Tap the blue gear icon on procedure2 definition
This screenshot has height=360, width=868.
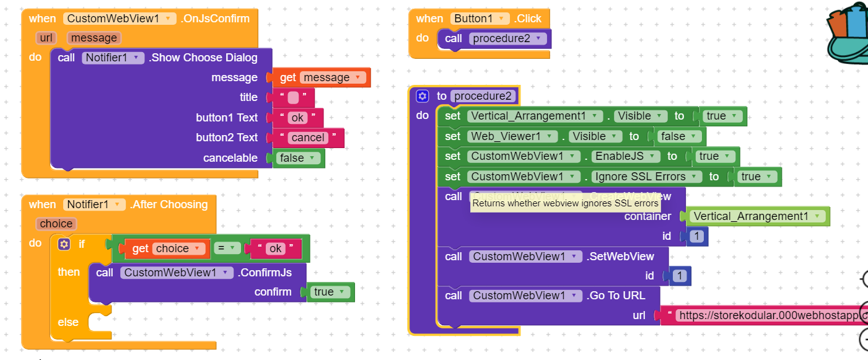pyautogui.click(x=423, y=96)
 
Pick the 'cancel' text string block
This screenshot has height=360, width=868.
pyautogui.click(x=309, y=138)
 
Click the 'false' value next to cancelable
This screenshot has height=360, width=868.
pyautogui.click(x=298, y=158)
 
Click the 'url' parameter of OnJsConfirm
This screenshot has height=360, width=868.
pyautogui.click(x=46, y=38)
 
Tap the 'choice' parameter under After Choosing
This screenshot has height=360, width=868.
pyautogui.click(x=56, y=224)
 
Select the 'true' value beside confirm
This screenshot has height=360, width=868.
pyautogui.click(x=330, y=292)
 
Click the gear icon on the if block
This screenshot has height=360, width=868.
pyautogui.click(x=64, y=244)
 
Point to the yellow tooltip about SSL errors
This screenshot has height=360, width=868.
pyautogui.click(x=565, y=203)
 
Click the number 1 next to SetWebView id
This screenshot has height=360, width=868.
pyautogui.click(x=680, y=276)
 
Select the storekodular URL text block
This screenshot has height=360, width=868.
pyautogui.click(x=768, y=315)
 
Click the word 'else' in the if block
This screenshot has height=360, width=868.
pyautogui.click(x=68, y=322)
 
